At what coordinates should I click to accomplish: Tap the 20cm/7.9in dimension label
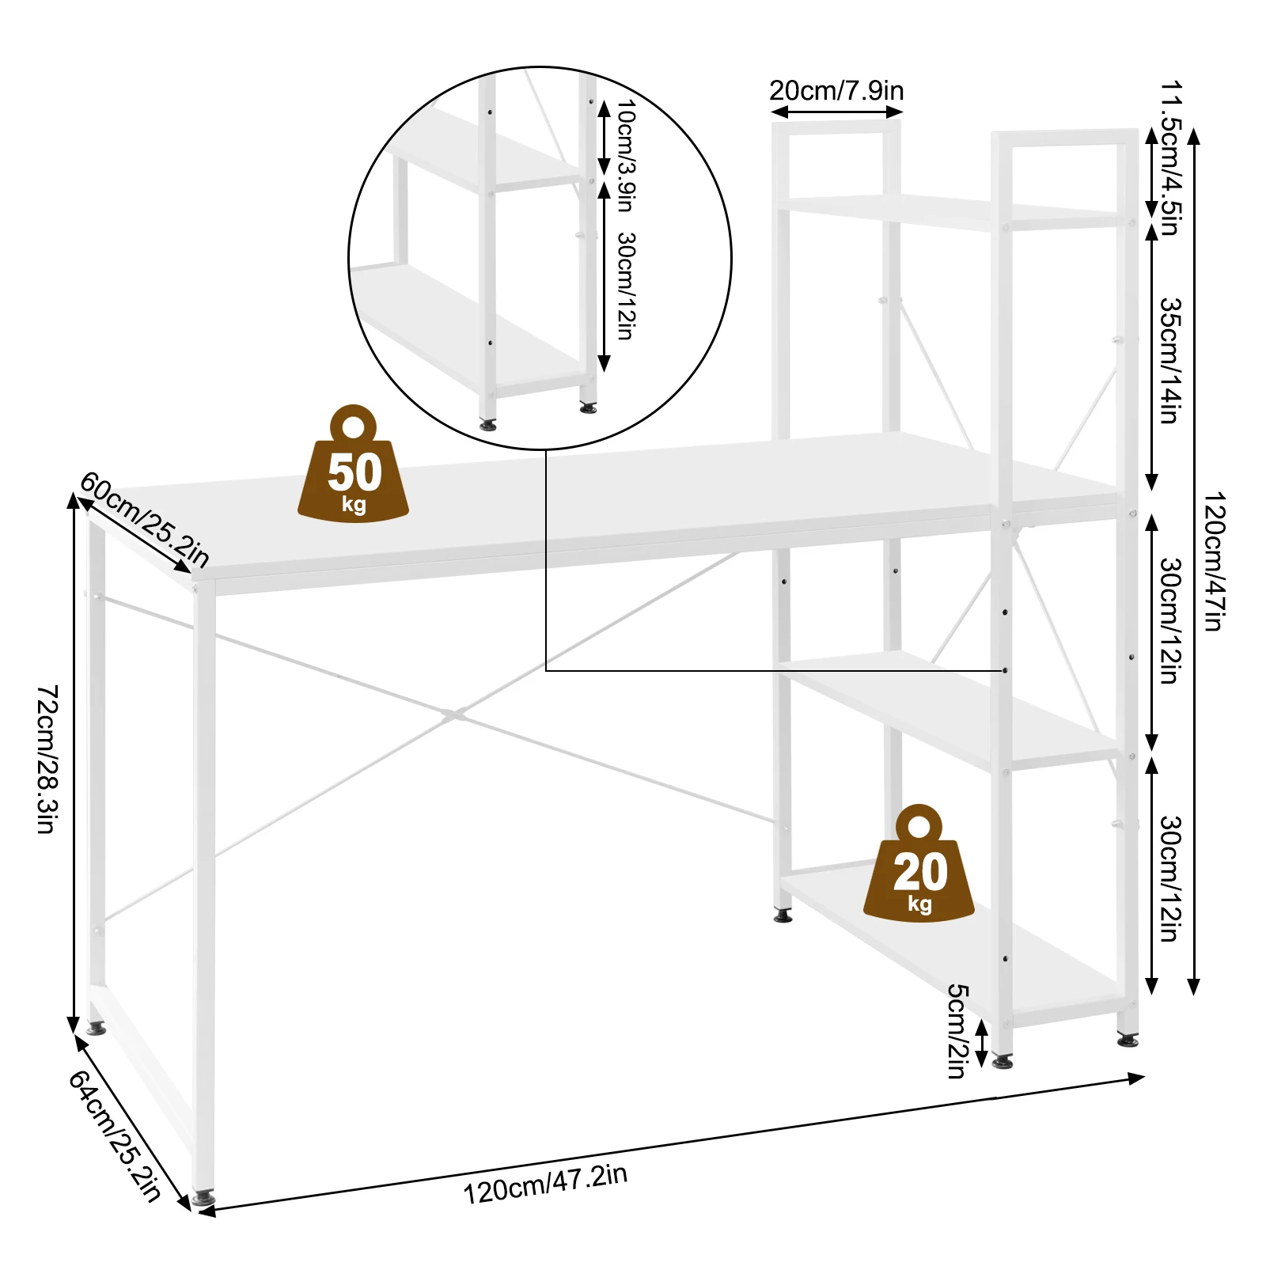836,91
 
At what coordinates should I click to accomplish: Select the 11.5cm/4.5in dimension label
1170,158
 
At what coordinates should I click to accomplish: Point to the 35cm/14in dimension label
1170,361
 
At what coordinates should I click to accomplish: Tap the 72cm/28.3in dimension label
47,759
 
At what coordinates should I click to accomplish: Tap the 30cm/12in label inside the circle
626,286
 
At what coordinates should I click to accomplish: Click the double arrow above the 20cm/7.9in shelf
836,112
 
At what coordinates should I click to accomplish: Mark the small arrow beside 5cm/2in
982,1043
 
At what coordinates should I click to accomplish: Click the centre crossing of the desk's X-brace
453,715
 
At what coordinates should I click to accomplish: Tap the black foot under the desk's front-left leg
203,1199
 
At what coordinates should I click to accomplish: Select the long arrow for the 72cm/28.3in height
74,763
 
